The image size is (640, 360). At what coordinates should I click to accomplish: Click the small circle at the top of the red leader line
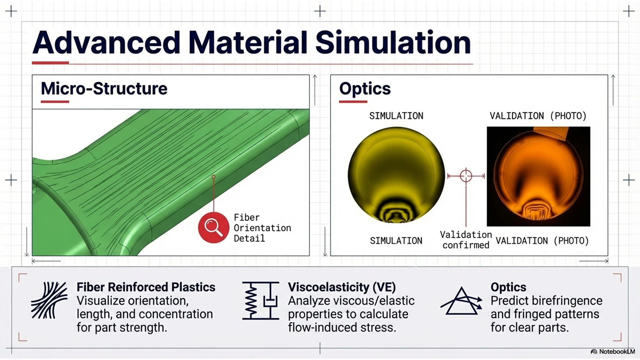(213, 177)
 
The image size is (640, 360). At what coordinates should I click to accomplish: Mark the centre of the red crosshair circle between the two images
(466, 176)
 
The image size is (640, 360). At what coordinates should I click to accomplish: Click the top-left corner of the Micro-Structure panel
(32, 75)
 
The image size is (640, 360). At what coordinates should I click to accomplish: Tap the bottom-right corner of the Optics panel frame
(608, 255)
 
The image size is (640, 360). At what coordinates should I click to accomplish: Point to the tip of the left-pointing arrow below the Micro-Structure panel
(32, 261)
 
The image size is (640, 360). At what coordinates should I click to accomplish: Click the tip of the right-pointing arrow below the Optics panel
(608, 261)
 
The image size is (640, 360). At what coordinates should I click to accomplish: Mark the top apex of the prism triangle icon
(462, 287)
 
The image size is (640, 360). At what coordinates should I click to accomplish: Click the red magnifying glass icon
(213, 227)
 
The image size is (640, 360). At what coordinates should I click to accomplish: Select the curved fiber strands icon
(49, 300)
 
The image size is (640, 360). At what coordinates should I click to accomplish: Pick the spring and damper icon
(261, 301)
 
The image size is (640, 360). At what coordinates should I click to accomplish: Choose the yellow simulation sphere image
(396, 175)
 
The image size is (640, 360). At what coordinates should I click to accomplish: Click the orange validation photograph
(538, 176)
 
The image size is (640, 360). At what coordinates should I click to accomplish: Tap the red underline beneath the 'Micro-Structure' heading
(55, 101)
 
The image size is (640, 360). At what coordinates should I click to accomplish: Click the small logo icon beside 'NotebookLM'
(594, 352)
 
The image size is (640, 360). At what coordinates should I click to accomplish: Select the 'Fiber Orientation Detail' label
(262, 228)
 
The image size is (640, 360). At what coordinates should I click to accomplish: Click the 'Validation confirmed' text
(466, 240)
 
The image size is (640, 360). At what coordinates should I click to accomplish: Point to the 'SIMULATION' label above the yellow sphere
(396, 116)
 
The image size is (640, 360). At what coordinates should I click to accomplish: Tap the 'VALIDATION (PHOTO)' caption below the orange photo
(542, 241)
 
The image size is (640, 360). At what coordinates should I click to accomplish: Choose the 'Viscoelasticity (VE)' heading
(342, 287)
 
